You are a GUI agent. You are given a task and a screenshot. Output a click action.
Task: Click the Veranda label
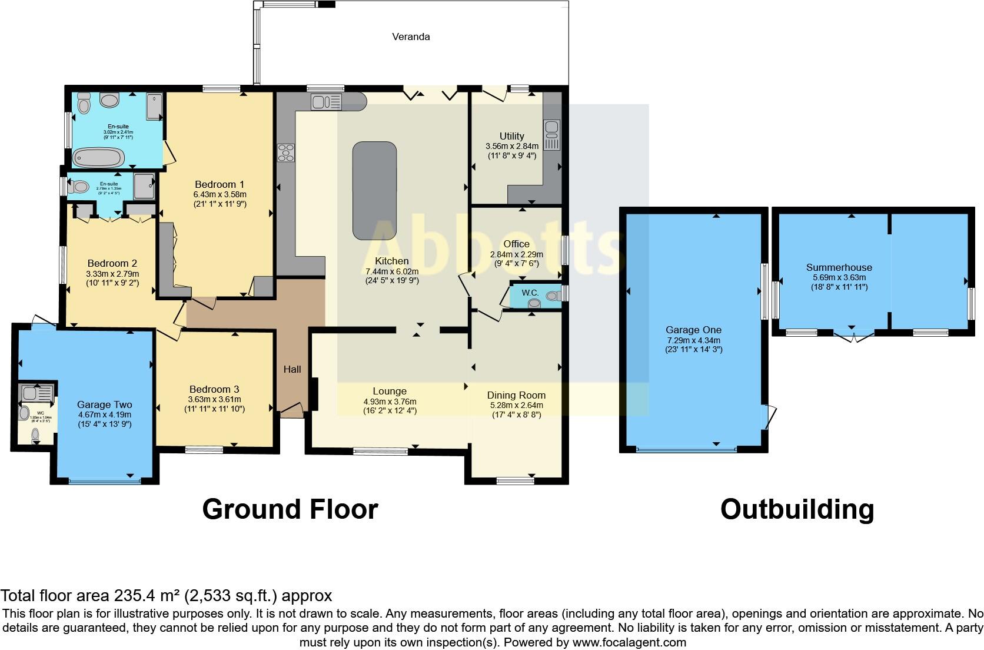pos(411,37)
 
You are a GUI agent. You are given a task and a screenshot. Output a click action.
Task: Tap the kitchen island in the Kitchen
pos(374,190)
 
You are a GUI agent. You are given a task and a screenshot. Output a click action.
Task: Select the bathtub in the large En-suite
pos(98,157)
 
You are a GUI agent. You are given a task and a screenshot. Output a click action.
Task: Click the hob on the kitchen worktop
pos(287,152)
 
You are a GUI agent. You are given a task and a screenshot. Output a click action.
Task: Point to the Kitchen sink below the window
pos(325,102)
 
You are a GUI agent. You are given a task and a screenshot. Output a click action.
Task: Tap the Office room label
pos(516,244)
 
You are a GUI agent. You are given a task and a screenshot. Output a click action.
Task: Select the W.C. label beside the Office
pos(530,293)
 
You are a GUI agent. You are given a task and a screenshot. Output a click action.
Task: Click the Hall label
pos(292,369)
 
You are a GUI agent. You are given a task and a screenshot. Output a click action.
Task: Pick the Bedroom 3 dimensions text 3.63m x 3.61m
pos(214,399)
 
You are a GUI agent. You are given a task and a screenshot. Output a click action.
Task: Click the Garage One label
pos(693,330)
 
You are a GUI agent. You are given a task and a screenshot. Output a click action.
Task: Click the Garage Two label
pos(104,404)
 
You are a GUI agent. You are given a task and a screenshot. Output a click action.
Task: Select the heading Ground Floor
pos(290,509)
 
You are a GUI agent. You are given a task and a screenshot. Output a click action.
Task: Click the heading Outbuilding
pos(797,509)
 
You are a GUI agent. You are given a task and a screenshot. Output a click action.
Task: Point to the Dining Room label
pos(516,395)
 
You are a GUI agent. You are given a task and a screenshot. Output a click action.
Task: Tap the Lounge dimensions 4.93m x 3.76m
pos(390,402)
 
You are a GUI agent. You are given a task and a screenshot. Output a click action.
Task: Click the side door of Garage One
pos(770,417)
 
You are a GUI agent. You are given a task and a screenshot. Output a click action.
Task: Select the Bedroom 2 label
pos(112,263)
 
